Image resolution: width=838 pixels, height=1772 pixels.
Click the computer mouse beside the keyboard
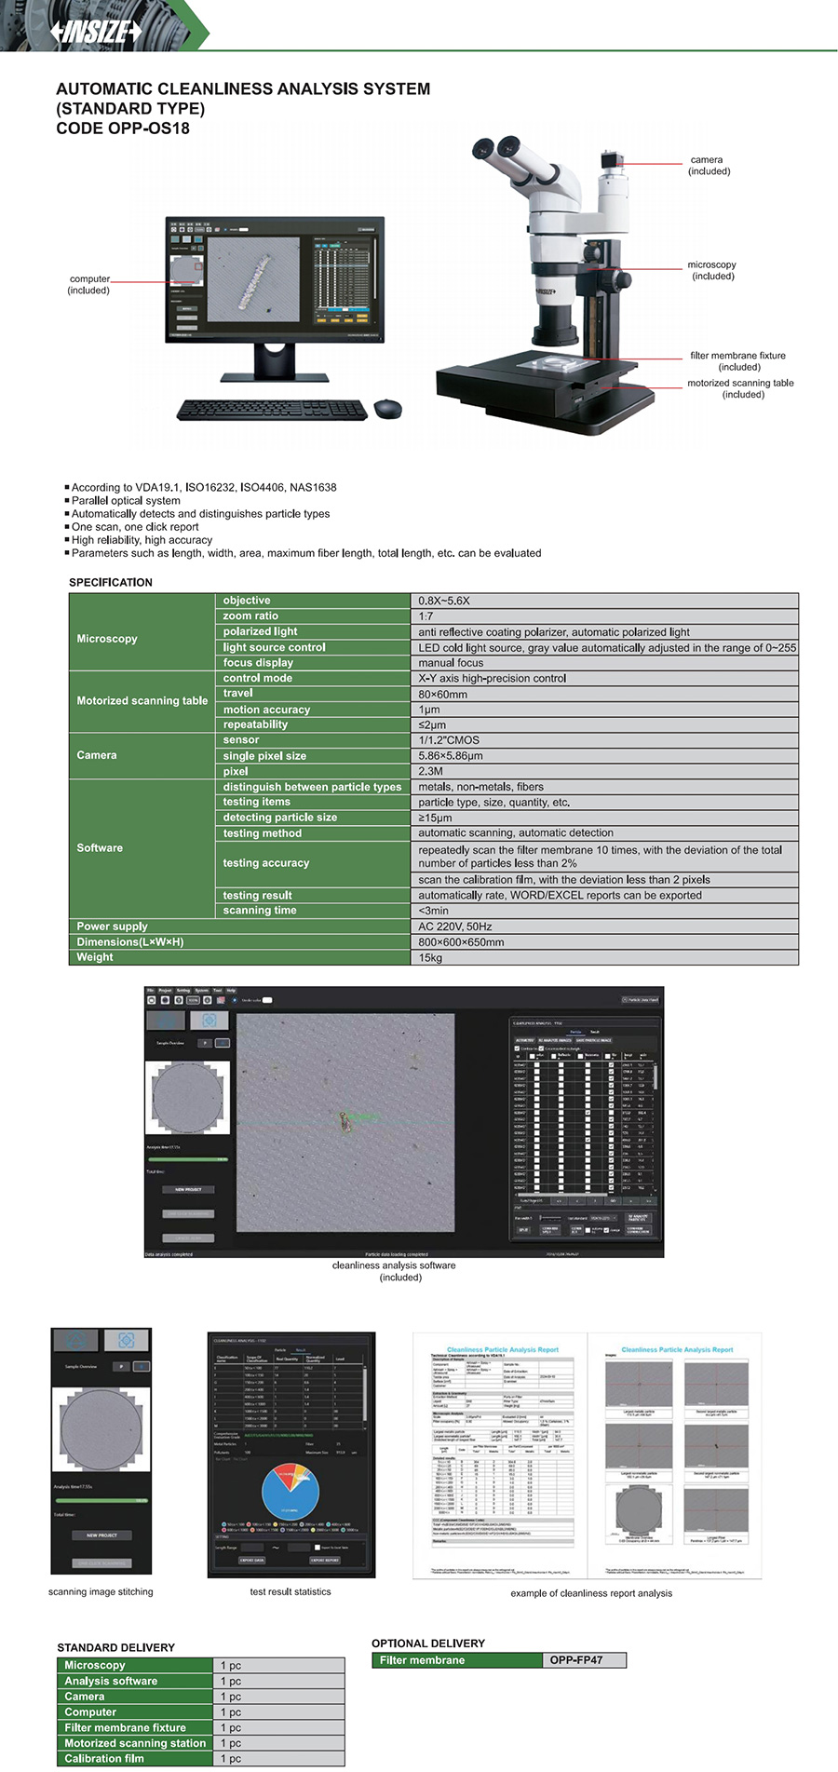tap(387, 408)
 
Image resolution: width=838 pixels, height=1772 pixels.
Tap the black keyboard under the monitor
tap(272, 409)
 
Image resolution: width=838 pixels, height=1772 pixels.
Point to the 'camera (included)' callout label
tap(708, 166)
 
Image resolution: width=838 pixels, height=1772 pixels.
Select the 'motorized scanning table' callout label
tap(741, 388)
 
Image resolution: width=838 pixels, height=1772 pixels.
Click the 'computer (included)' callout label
tap(89, 285)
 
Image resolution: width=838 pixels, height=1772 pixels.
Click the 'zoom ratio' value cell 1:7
tap(603, 616)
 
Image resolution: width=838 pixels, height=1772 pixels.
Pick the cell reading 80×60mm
tap(603, 694)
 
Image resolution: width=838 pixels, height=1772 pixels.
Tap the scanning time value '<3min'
tap(603, 911)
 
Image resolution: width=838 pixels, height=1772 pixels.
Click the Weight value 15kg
tap(603, 957)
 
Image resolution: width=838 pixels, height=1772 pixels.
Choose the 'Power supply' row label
tap(113, 927)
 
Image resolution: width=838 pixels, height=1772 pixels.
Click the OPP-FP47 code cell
tap(584, 1659)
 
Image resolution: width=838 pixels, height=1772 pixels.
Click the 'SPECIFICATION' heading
tap(111, 582)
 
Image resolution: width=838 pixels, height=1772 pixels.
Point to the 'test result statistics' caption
tap(291, 1591)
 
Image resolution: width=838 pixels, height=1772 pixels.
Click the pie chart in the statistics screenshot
tap(291, 1492)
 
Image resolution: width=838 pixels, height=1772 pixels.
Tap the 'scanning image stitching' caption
tap(101, 1591)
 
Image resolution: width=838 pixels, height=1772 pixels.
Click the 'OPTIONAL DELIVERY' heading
tap(428, 1643)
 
